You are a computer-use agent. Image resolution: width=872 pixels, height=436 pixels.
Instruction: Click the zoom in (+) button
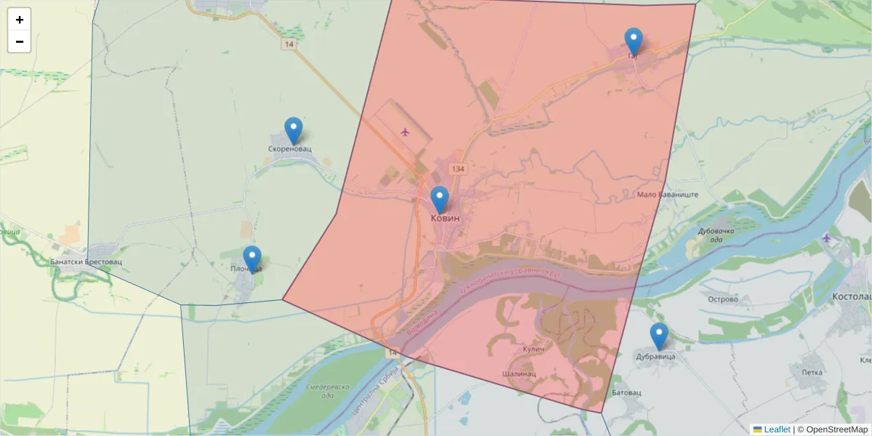(20, 20)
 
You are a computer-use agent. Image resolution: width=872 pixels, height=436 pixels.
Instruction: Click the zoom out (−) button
(20, 41)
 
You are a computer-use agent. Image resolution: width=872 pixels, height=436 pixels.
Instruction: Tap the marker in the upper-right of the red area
(634, 42)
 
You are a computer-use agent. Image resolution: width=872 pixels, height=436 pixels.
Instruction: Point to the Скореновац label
(289, 149)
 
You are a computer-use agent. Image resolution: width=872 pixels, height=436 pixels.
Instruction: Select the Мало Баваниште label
(667, 195)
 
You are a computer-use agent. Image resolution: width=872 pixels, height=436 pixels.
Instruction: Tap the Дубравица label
(655, 357)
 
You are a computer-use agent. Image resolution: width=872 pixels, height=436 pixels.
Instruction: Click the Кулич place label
(533, 350)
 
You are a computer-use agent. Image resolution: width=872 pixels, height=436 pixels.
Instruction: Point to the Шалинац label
(519, 374)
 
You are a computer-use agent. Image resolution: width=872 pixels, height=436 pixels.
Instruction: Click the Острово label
(722, 299)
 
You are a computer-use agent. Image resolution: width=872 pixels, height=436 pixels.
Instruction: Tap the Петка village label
(812, 373)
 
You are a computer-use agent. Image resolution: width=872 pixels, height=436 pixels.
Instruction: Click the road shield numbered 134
(457, 169)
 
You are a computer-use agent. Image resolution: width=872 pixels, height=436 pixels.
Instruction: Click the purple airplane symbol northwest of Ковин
(405, 132)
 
